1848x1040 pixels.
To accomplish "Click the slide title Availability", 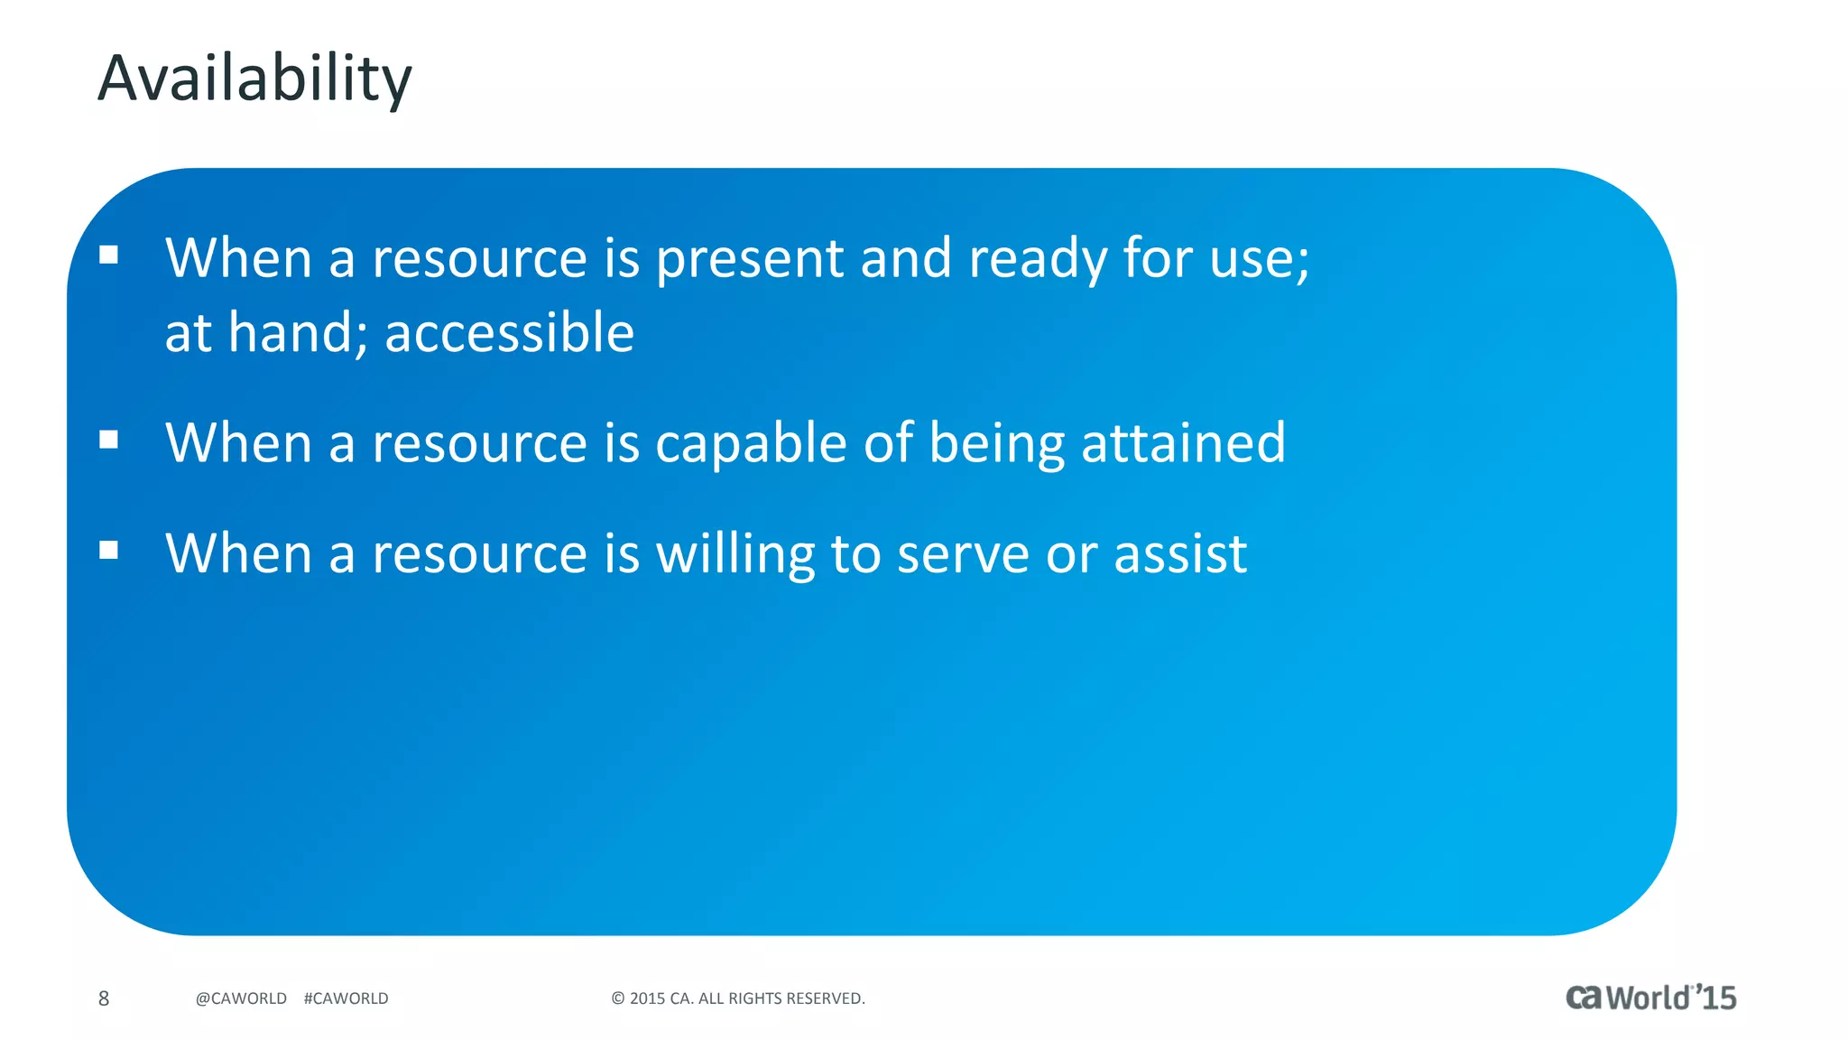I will [254, 79].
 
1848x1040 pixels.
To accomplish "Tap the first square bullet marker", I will [109, 255].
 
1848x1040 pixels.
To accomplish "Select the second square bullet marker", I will [109, 440].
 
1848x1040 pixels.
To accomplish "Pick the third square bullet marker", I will [109, 550].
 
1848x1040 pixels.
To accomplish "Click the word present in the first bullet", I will [749, 260].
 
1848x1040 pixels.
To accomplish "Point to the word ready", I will [1037, 260].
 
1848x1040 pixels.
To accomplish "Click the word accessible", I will [510, 333].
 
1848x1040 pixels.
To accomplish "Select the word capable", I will [751, 444].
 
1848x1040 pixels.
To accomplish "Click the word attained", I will [1183, 444].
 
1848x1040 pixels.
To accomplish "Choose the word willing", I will [735, 554].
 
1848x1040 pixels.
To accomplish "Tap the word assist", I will [1180, 554].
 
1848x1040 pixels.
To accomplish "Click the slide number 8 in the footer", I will [104, 998].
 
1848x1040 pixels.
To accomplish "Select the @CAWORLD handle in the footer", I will [241, 998].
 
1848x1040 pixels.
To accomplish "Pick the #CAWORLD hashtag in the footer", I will [346, 998].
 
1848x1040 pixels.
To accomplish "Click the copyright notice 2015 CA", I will [738, 998].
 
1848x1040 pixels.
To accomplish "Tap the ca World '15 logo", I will [1650, 998].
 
